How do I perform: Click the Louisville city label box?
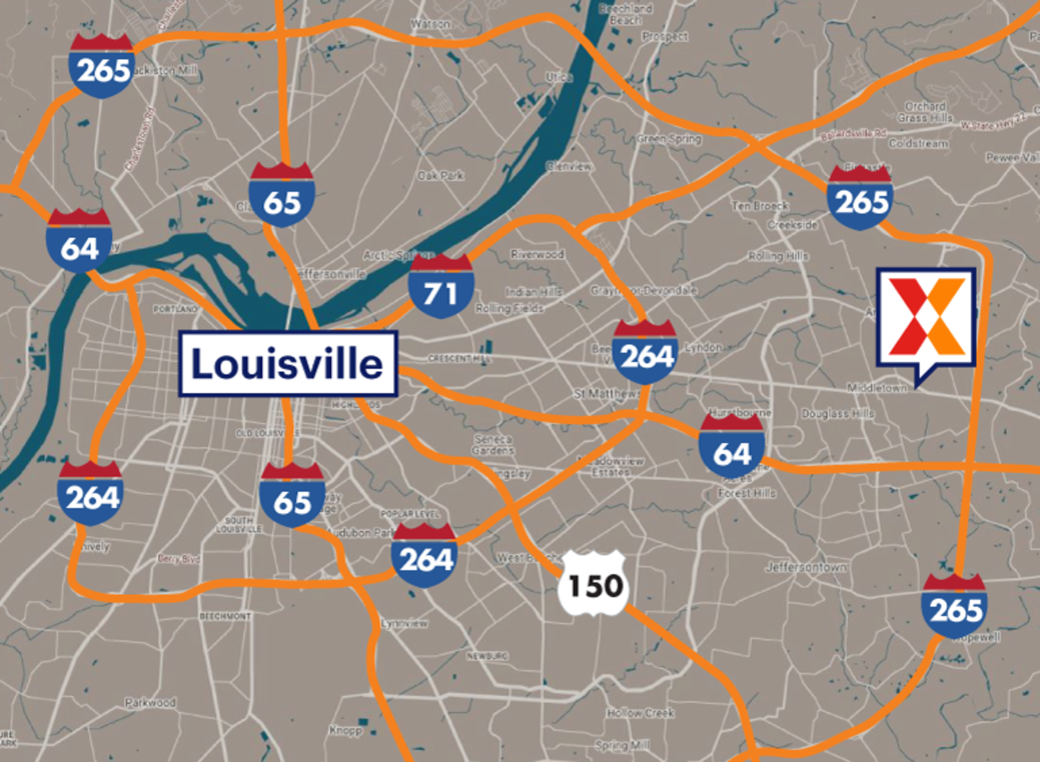288,363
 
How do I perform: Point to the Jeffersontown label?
806,567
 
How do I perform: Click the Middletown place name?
877,388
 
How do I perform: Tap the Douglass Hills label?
838,413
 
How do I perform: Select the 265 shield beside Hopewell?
954,605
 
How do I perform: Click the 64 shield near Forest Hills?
731,450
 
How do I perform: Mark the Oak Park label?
441,175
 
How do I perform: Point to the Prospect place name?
664,36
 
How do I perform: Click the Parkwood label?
150,702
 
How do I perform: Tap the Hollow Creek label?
640,713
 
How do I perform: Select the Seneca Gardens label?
493,445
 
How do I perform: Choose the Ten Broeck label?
760,206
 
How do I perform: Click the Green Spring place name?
669,138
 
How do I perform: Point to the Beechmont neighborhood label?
225,616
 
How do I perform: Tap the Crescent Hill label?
460,359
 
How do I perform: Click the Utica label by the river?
559,77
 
